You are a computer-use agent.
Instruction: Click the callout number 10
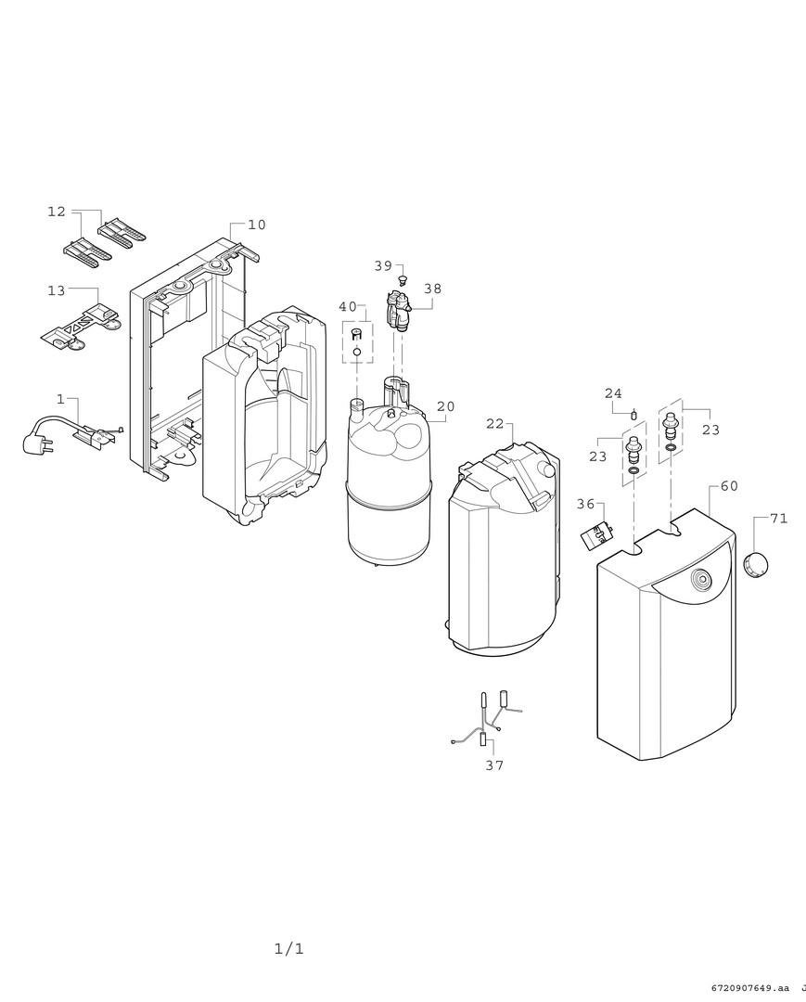257,225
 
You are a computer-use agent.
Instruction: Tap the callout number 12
57,211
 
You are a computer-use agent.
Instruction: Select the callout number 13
57,290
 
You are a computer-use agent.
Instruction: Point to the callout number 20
446,406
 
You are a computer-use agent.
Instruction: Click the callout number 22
495,424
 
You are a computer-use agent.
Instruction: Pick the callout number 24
613,393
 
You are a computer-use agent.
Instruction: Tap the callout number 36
585,504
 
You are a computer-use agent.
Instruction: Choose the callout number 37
494,764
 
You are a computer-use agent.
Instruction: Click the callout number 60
729,485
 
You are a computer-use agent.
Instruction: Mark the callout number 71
778,519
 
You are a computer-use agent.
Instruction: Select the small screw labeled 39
403,279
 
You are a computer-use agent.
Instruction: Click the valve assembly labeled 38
399,311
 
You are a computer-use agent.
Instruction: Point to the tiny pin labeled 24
634,413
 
